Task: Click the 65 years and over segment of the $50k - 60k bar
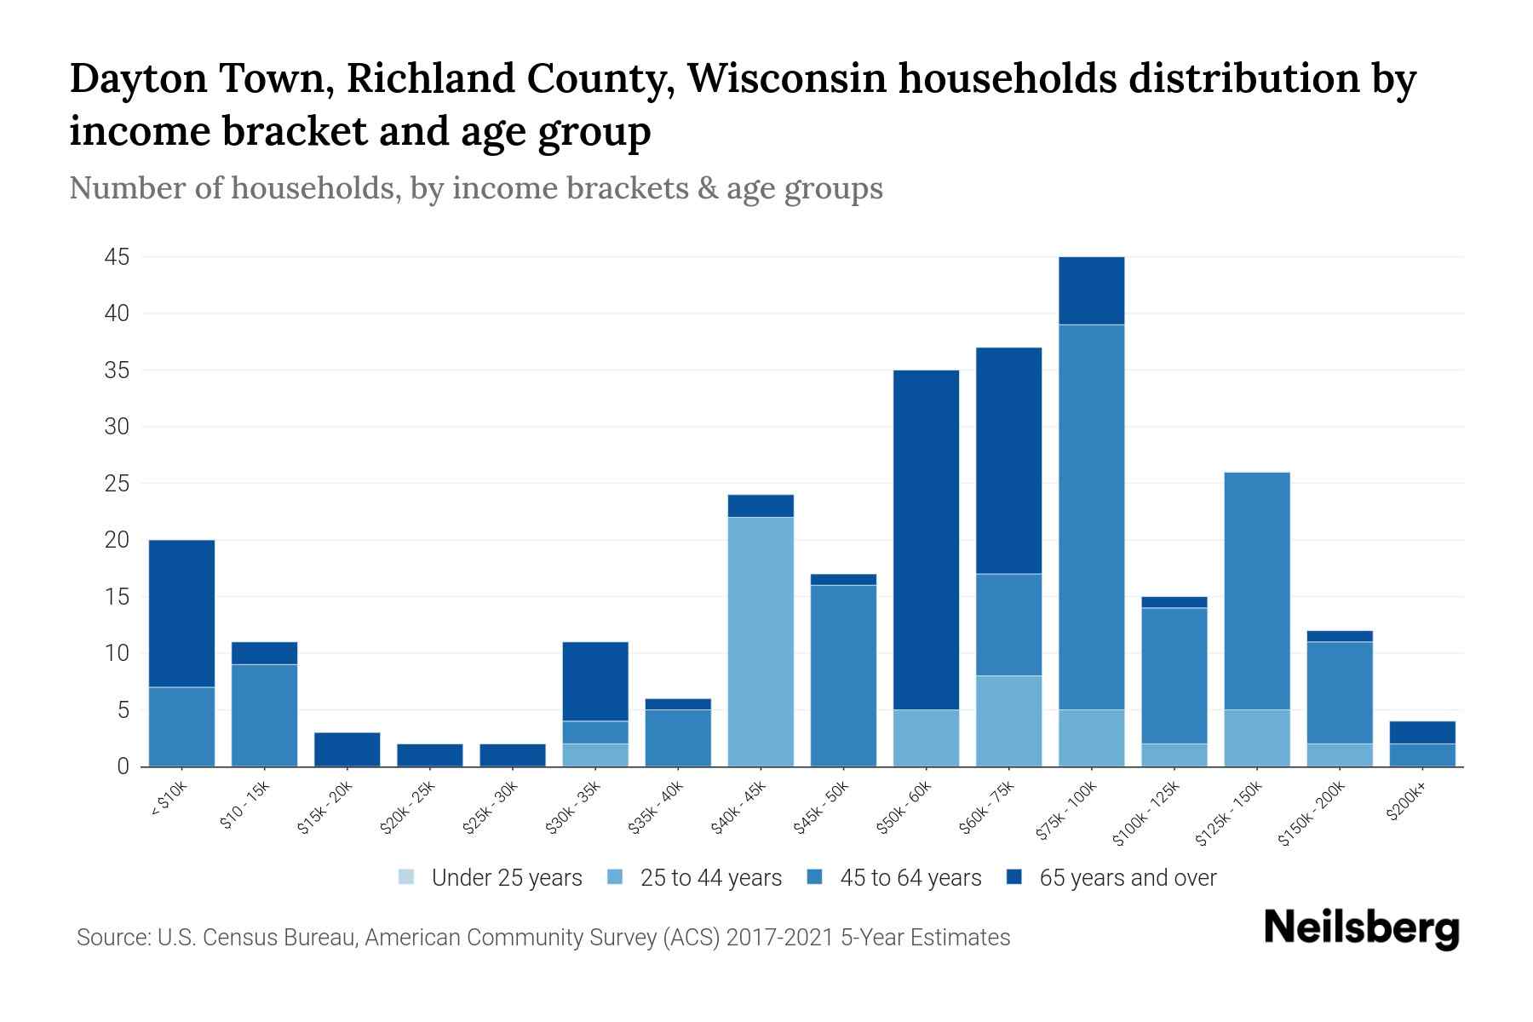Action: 926,540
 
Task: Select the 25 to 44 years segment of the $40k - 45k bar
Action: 761,641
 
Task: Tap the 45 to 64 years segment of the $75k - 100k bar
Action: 1091,517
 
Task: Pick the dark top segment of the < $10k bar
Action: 181,613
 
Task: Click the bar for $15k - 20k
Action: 347,749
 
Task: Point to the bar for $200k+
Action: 1421,744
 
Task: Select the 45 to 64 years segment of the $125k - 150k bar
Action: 1256,591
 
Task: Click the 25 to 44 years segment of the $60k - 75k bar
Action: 1008,721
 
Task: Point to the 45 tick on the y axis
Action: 117,257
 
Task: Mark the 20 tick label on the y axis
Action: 117,540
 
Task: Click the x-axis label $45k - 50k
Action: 822,808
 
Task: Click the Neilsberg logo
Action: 1361,928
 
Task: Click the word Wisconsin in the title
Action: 787,79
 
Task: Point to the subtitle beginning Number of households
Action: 476,188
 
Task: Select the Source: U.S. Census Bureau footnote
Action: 543,938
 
